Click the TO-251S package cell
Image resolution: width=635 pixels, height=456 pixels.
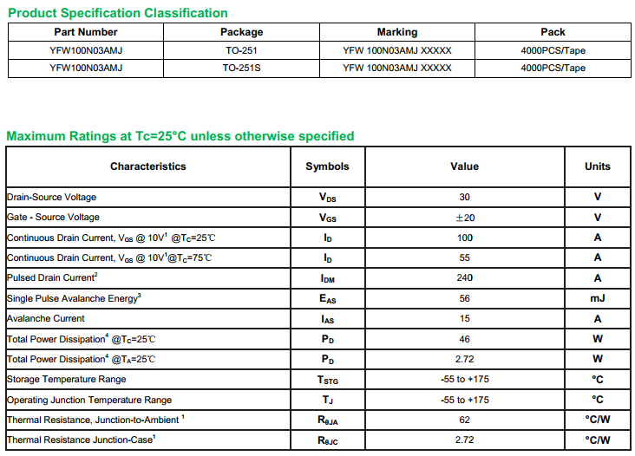(241, 68)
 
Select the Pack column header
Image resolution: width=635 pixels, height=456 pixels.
(553, 32)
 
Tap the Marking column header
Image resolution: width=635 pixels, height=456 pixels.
(397, 32)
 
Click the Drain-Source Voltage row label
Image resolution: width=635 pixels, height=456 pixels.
(52, 197)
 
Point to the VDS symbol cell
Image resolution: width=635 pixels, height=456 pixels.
(327, 198)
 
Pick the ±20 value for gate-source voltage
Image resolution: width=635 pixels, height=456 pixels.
(465, 218)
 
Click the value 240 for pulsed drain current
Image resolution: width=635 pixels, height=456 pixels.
(465, 278)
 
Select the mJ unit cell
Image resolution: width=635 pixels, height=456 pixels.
(598, 298)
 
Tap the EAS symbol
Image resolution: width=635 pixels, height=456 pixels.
(327, 299)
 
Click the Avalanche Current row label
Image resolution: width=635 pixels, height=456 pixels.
(46, 318)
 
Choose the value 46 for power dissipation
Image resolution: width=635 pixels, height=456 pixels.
(465, 339)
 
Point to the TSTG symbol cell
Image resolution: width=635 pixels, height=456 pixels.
(327, 380)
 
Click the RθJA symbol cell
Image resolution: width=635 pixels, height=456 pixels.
(327, 420)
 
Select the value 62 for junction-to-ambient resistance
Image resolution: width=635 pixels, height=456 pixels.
(465, 420)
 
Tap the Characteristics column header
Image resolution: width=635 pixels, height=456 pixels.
(147, 166)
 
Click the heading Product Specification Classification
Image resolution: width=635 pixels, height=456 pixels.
(117, 13)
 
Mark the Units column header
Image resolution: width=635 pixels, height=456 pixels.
(598, 166)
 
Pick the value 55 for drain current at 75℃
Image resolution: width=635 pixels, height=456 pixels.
(465, 257)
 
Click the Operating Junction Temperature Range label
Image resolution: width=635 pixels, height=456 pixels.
(89, 400)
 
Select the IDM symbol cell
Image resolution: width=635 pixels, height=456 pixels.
(327, 278)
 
